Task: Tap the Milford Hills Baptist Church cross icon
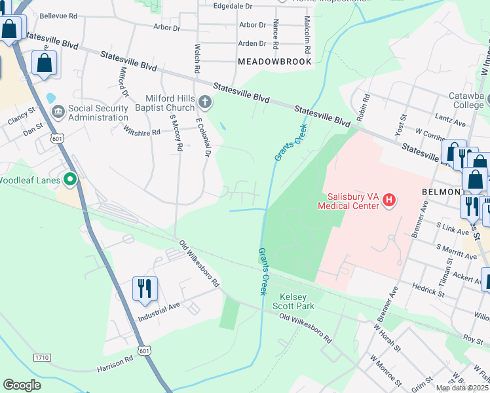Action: (x=205, y=102)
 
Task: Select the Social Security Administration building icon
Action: (x=58, y=113)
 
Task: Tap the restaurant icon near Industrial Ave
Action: (x=143, y=288)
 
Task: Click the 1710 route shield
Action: (x=41, y=357)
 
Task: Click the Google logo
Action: (x=22, y=385)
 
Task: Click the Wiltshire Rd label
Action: (x=142, y=131)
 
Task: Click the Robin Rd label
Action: (x=361, y=107)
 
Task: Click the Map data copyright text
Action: (x=462, y=388)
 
